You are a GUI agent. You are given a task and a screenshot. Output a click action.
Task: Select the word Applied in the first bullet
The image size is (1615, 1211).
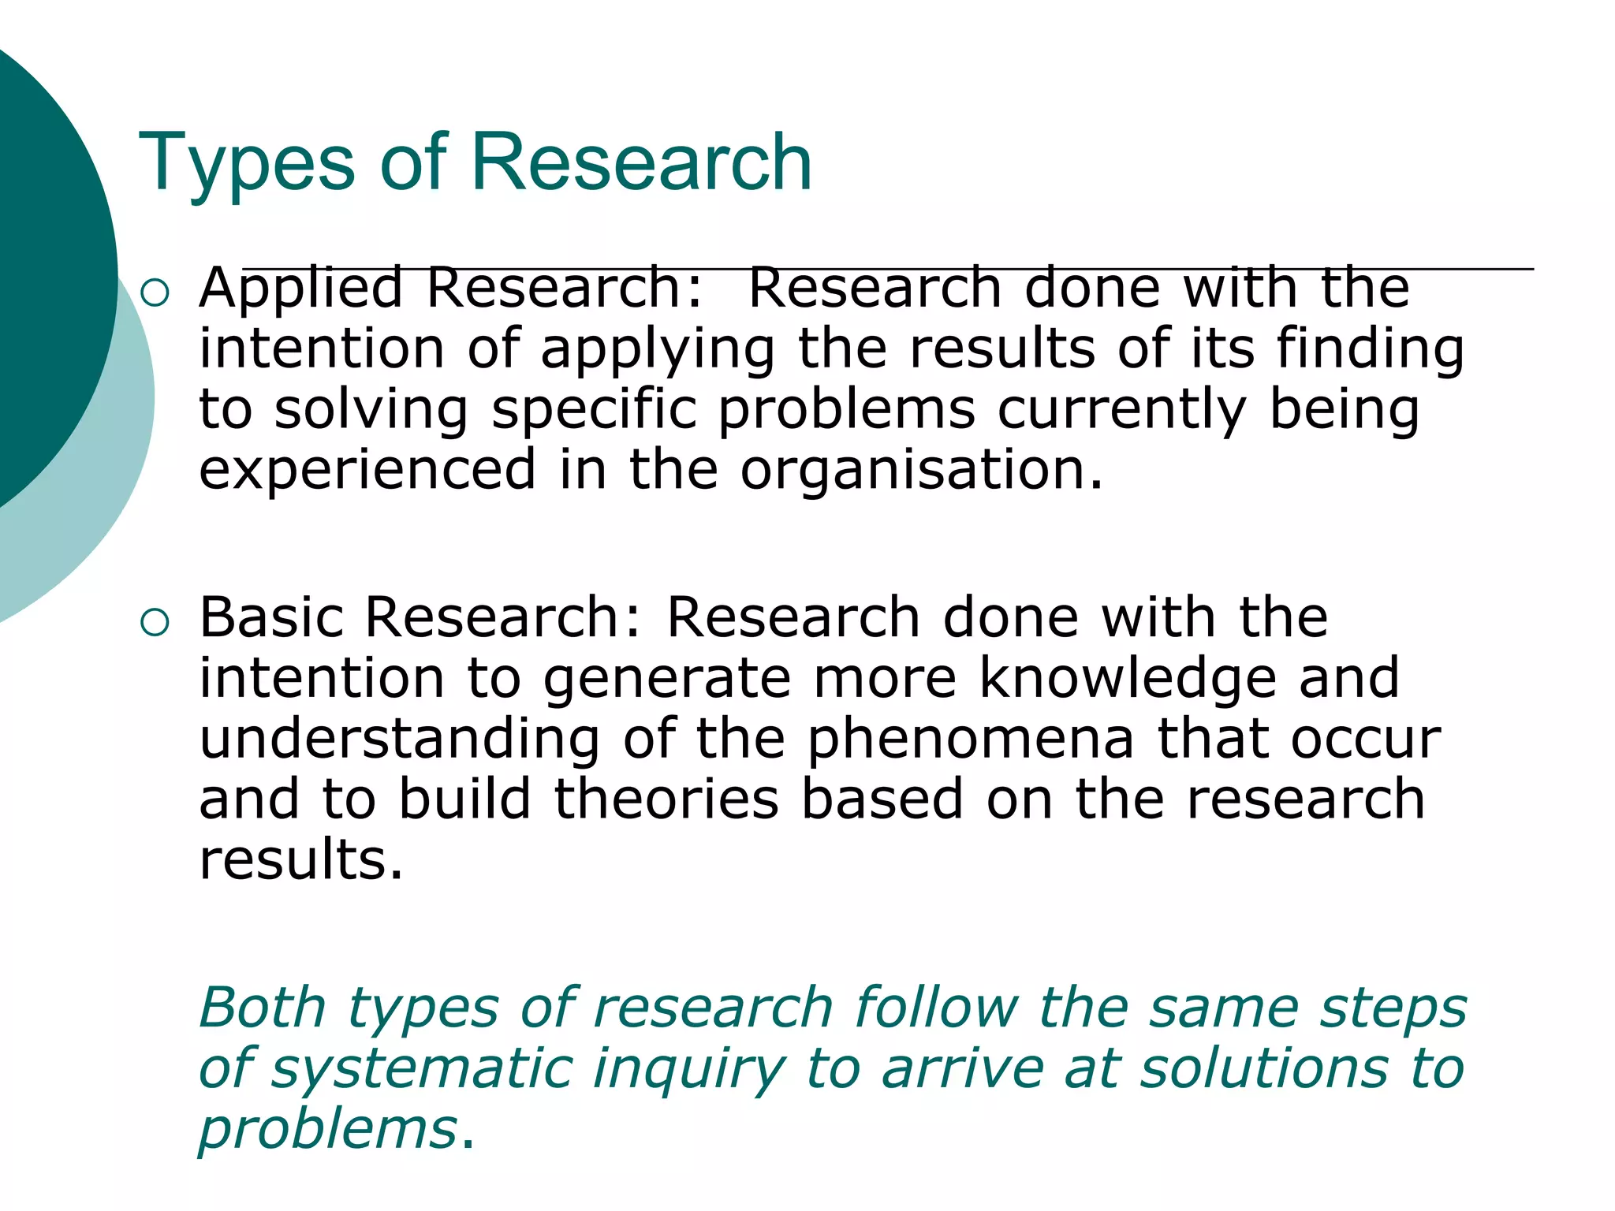coord(300,289)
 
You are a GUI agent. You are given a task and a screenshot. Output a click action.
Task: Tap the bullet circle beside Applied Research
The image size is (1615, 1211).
coord(155,293)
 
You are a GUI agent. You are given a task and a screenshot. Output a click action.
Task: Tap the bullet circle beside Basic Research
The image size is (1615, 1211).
coord(155,623)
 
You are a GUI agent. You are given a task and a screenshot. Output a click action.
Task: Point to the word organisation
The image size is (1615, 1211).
coord(920,471)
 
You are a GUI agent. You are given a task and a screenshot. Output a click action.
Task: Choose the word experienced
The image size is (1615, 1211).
coord(367,471)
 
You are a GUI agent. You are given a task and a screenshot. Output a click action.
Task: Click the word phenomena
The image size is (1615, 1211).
coord(971,740)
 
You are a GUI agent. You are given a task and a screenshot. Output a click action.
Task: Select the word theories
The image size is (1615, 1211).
coord(666,799)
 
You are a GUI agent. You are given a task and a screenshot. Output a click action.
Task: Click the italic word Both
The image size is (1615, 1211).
coord(263,1008)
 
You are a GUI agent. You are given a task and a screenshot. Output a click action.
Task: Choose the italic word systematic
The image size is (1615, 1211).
coord(422,1070)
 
